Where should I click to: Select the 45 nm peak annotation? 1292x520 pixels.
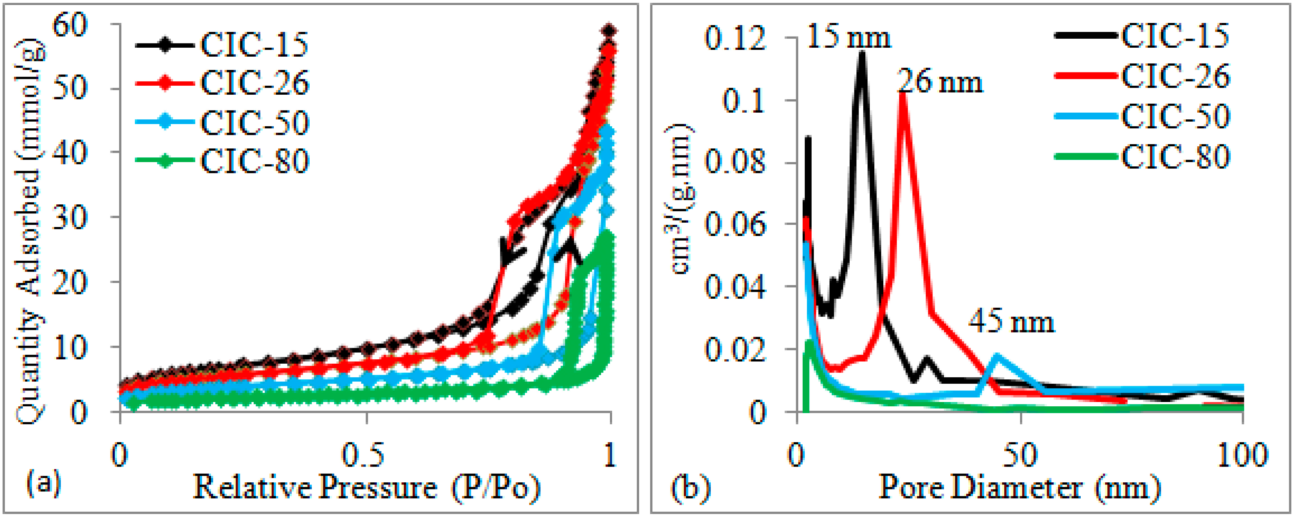point(1011,321)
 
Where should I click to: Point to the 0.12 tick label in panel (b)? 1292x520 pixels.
point(735,38)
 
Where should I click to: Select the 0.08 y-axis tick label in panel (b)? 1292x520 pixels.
point(735,162)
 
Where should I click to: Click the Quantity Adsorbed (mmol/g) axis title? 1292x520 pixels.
point(29,231)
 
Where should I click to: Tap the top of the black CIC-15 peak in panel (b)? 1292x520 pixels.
point(862,54)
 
